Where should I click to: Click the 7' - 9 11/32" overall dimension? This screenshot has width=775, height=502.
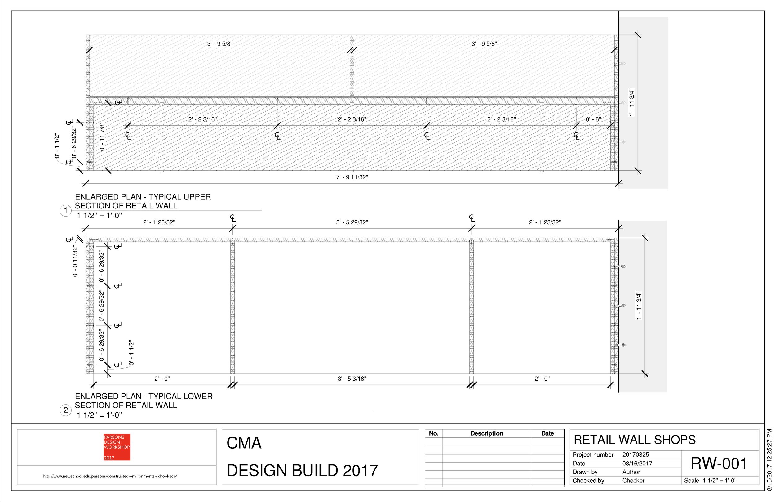click(352, 177)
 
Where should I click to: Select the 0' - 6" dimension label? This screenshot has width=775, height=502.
click(593, 120)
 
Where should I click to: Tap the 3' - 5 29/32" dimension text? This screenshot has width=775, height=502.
click(352, 222)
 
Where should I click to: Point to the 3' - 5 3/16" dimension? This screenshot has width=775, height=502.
click(352, 379)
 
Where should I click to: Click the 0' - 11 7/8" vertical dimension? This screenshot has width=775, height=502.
click(102, 137)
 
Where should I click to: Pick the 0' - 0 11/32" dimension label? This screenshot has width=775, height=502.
click(75, 262)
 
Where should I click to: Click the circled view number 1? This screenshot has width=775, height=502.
click(66, 211)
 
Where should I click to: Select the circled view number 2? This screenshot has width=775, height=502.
click(66, 410)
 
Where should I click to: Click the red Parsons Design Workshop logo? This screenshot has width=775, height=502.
click(117, 447)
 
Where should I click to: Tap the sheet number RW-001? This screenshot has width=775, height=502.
click(719, 464)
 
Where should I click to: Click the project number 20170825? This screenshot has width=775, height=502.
click(635, 455)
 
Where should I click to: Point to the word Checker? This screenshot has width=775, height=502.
click(633, 481)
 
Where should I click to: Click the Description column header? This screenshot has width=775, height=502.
click(486, 433)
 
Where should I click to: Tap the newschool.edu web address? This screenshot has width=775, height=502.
click(110, 476)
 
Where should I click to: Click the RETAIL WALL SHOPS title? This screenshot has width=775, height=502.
click(635, 440)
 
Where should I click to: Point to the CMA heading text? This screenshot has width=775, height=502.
click(244, 443)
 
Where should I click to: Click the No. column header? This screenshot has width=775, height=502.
click(434, 433)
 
